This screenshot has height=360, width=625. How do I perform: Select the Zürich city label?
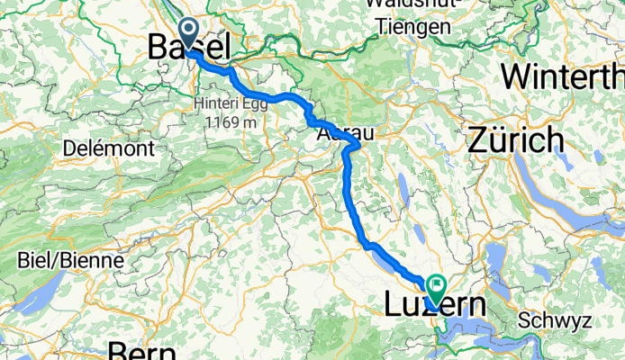[516, 140]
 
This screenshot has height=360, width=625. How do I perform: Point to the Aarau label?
[344, 133]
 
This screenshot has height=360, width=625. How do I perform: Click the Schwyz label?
[555, 320]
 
